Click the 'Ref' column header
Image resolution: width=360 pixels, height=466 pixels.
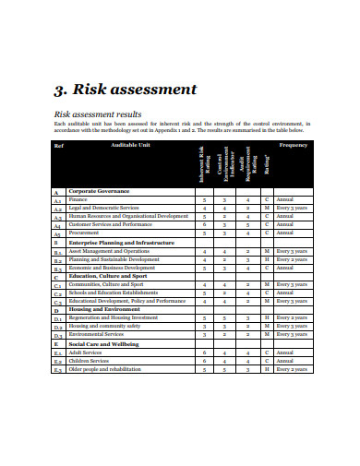pos(58,146)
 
